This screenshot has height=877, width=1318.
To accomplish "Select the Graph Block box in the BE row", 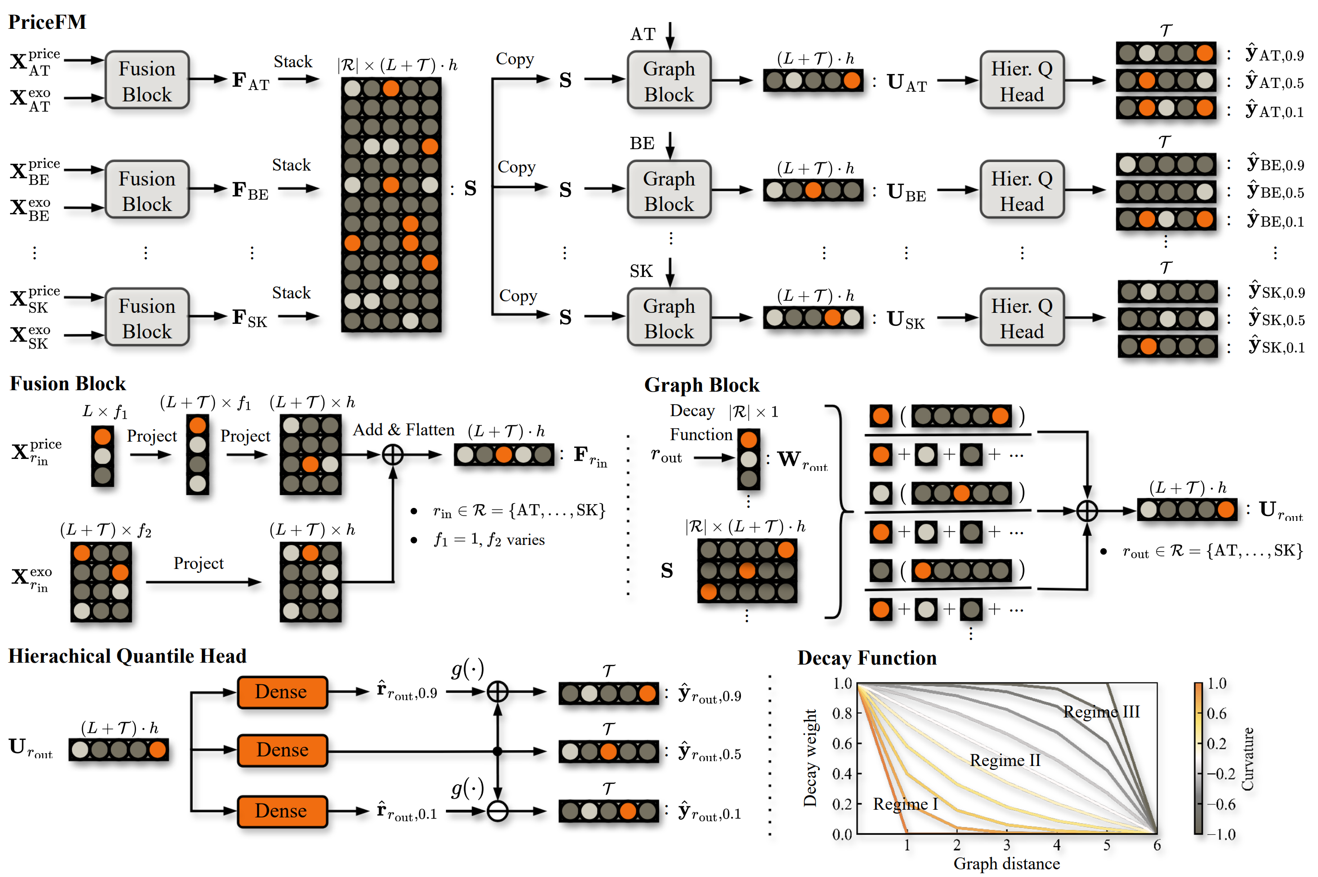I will coord(668,190).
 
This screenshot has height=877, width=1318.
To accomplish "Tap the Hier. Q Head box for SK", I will coord(1021,318).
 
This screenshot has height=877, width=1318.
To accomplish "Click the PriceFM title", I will coord(47,22).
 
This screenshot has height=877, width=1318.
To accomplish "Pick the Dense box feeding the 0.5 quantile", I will coord(282,750).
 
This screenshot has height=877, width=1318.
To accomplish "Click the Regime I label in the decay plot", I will coord(905,804).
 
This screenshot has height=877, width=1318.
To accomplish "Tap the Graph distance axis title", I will coord(1006,864).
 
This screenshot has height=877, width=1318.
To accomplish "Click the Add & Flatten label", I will coord(403,430).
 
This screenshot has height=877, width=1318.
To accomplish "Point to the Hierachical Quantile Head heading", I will coord(127,656).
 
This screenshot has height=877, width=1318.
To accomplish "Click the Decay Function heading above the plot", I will coord(866,658).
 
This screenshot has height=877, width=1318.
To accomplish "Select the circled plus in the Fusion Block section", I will coord(393,455).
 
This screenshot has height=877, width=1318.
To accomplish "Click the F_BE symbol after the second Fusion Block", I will coord(250,191).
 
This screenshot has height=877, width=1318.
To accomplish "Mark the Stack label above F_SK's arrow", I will coord(291,293).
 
